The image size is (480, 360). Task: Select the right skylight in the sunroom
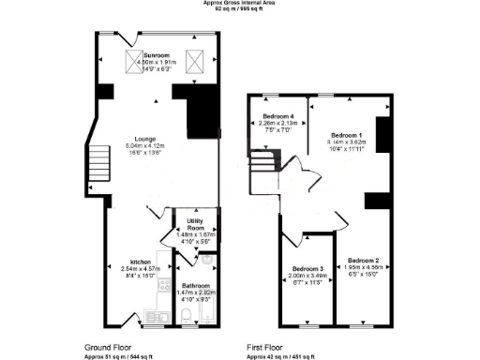coord(195,61)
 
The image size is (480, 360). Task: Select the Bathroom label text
coord(196,285)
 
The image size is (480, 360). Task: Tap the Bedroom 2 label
coord(363,260)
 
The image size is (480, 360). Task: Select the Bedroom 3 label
coord(307,268)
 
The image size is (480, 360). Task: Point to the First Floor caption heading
coord(266,347)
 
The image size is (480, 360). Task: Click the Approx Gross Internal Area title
coord(241,3)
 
